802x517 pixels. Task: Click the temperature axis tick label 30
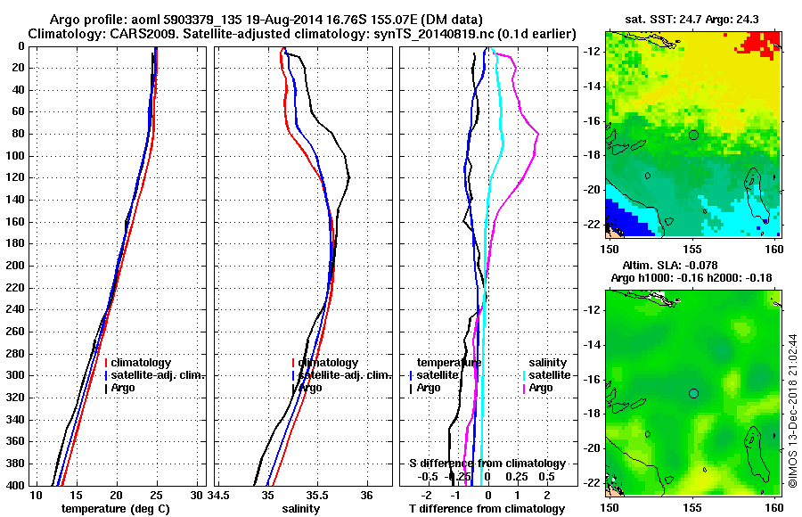click(197, 496)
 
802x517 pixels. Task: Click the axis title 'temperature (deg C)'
click(115, 509)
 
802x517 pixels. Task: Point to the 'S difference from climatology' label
click(487, 464)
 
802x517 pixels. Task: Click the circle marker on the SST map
click(693, 135)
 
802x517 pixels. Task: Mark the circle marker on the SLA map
click(693, 393)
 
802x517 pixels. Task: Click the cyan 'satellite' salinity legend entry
click(551, 375)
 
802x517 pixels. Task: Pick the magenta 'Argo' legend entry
click(540, 388)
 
